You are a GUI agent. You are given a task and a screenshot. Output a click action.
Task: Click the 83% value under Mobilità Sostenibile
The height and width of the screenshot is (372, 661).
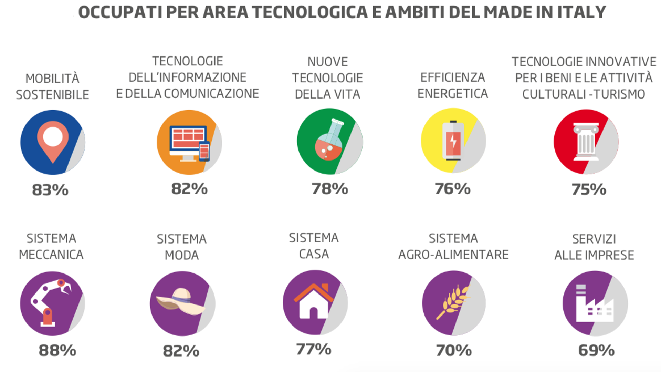click(x=50, y=190)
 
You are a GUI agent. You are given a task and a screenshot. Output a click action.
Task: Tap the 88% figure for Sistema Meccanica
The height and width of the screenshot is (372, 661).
click(x=57, y=350)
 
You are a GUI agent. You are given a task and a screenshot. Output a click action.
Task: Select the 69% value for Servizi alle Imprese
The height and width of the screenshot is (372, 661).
click(x=596, y=350)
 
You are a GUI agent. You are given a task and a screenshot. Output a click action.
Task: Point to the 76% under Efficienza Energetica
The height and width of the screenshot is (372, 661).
click(x=452, y=189)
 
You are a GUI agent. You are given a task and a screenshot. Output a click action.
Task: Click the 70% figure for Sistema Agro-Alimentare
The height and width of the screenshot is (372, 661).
click(x=454, y=350)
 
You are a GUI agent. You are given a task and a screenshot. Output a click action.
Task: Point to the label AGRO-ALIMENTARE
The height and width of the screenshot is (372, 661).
click(x=453, y=255)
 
